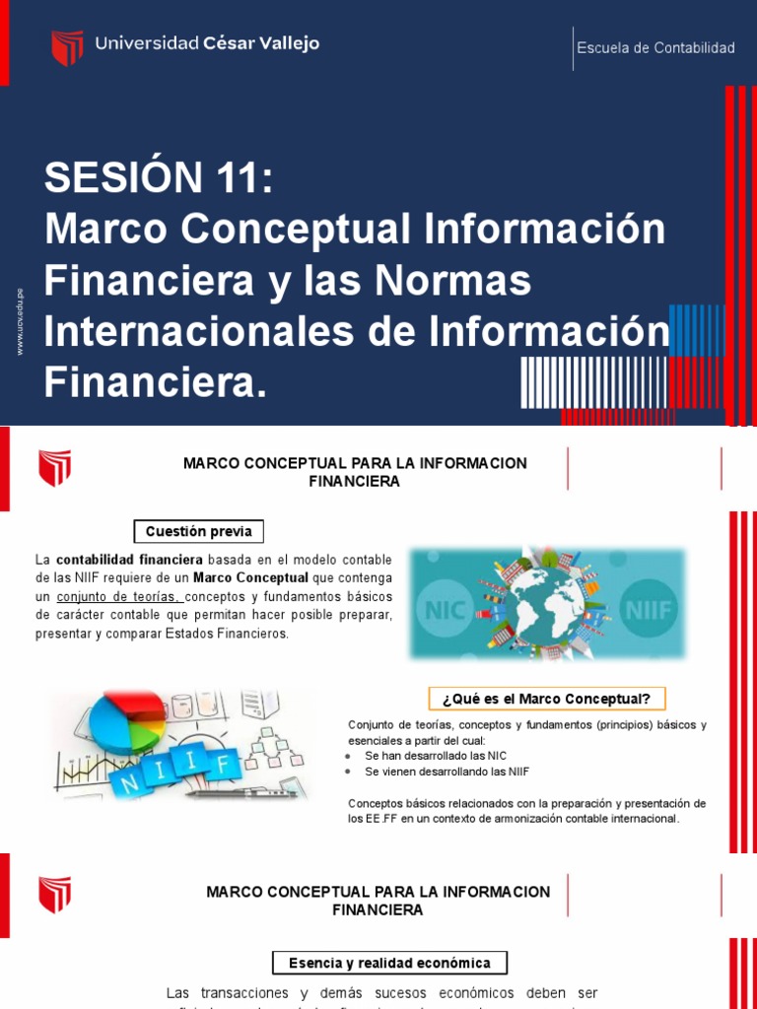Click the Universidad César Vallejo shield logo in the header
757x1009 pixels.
pos(67,47)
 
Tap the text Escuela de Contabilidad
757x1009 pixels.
pos(655,48)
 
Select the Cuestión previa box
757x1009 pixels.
pos(198,532)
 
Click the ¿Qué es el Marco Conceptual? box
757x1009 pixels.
pos(547,700)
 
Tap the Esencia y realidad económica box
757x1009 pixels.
pos(388,963)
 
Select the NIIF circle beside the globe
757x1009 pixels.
pos(648,609)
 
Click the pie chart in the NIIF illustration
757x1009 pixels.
pos(126,722)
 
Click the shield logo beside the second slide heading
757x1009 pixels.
pos(54,468)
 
